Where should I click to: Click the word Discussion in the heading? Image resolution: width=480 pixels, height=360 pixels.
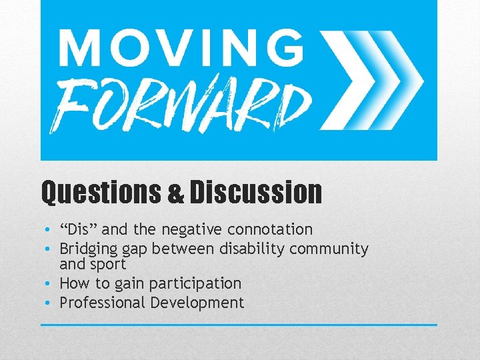(255, 193)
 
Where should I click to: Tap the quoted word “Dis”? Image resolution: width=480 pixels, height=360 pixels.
(79, 229)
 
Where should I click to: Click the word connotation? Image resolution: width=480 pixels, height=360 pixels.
(270, 229)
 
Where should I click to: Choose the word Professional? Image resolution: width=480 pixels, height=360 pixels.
(103, 303)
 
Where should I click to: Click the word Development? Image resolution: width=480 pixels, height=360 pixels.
(197, 303)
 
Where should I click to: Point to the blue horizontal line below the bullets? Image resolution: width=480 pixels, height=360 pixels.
(239, 325)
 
